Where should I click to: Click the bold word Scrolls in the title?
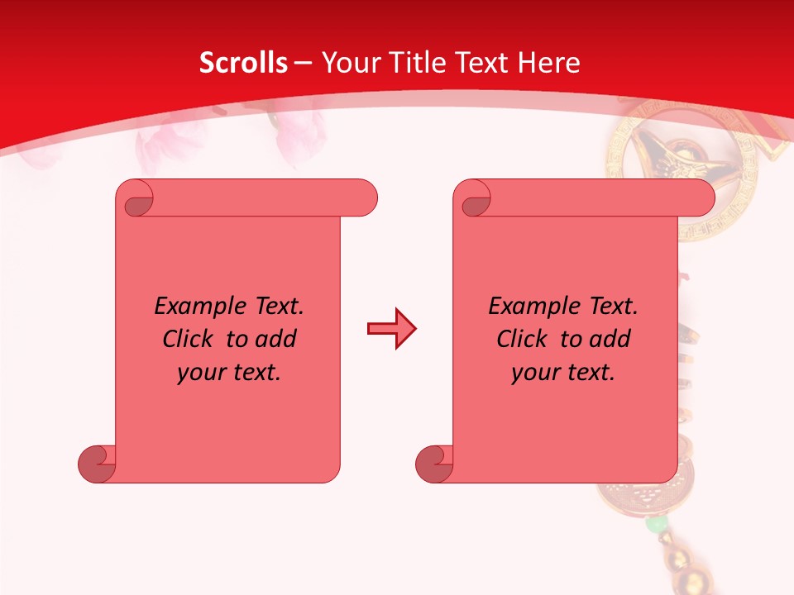(x=243, y=63)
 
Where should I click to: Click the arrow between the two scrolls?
(x=392, y=329)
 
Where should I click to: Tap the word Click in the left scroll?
(x=189, y=339)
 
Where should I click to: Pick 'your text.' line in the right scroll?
(x=563, y=372)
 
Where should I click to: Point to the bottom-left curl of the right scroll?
(x=433, y=464)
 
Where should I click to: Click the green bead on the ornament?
(x=656, y=525)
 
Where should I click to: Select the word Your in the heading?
(x=351, y=63)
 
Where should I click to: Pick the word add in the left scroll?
(x=275, y=339)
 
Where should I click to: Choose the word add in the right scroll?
(x=610, y=339)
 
